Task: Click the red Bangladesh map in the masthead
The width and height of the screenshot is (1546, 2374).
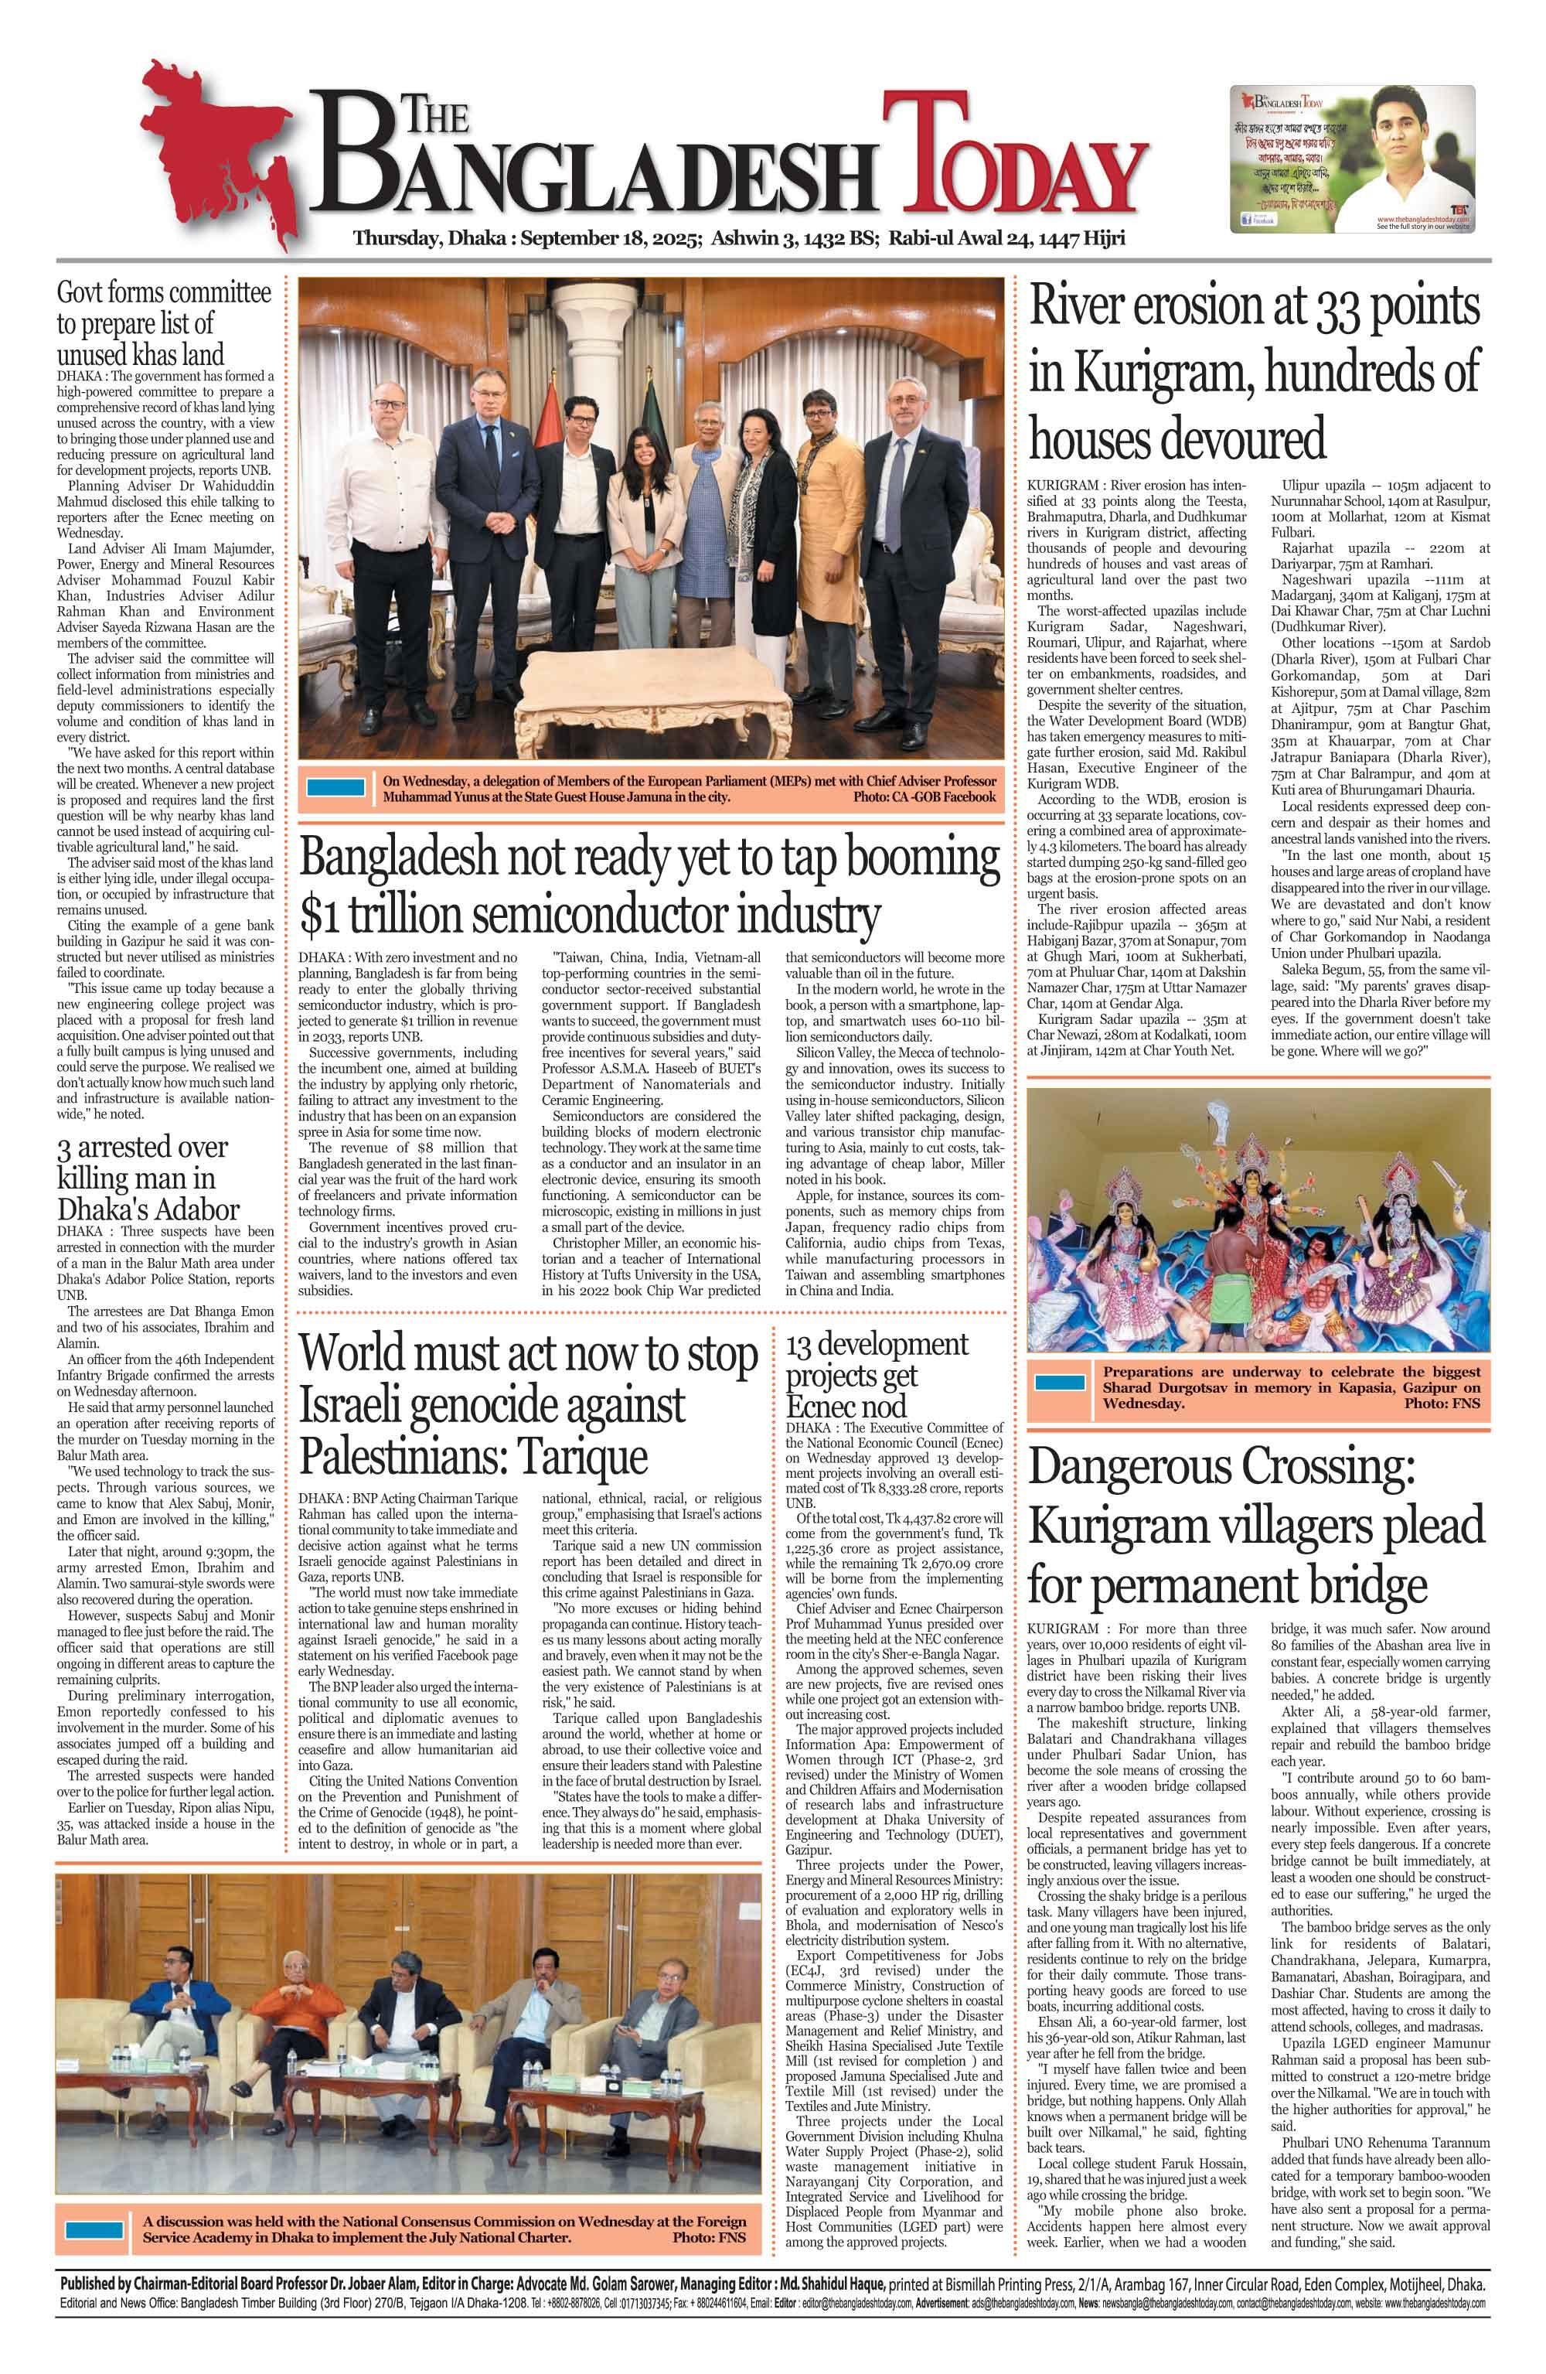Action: click(214, 149)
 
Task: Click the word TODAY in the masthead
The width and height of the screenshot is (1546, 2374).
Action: click(1013, 165)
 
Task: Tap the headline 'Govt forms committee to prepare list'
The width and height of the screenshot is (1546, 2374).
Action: click(164, 323)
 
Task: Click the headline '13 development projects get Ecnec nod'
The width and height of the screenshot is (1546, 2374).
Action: click(876, 1375)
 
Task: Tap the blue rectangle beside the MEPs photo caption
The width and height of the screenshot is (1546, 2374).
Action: click(335, 787)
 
